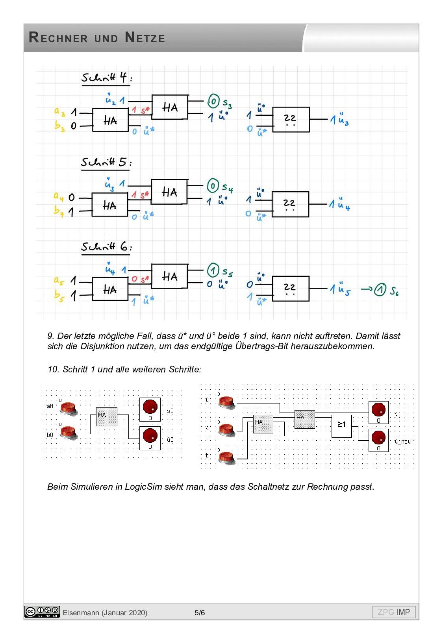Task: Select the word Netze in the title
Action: point(145,38)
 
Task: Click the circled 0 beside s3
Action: point(213,101)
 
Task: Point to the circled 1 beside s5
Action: point(213,270)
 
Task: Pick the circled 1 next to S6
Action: point(380,290)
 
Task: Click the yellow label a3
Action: point(59,112)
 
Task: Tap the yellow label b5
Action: point(59,295)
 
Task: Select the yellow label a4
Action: point(59,196)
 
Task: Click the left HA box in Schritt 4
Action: point(110,120)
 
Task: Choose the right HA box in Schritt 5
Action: point(169,192)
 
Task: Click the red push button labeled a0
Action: point(69,408)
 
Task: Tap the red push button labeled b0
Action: point(69,432)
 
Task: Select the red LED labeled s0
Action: point(150,407)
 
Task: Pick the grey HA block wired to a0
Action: point(107,416)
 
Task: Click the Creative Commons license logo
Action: point(42,612)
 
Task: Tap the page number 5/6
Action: point(200,613)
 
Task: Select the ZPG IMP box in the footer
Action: point(394,612)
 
